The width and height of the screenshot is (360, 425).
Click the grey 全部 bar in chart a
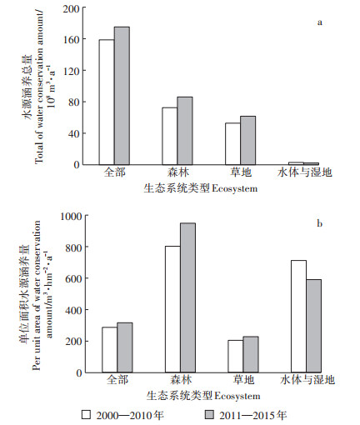[x=122, y=96]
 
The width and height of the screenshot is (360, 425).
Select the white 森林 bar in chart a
[x=170, y=136]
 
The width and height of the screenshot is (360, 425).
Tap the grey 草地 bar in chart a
[x=248, y=141]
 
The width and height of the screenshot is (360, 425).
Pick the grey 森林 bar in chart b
[x=187, y=297]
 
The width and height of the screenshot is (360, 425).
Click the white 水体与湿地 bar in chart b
[x=299, y=317]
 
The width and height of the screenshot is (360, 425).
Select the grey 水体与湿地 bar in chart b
[x=314, y=326]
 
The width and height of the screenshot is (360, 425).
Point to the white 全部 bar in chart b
[x=110, y=350]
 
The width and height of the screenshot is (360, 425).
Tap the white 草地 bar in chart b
[x=236, y=357]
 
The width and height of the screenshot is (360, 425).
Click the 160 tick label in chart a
[x=71, y=40]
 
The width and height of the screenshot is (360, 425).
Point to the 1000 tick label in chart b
[x=72, y=216]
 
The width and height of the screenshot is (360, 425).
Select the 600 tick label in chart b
[x=73, y=278]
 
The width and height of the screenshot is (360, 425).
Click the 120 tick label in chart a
[x=71, y=71]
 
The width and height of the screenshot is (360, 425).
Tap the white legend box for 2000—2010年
[x=86, y=415]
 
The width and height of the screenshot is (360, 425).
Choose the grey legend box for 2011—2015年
[x=209, y=415]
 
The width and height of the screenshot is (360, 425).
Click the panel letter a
[x=320, y=22]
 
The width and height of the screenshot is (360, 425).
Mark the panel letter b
[x=320, y=223]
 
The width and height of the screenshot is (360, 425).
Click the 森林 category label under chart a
[x=178, y=172]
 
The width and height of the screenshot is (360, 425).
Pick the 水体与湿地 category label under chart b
[x=307, y=380]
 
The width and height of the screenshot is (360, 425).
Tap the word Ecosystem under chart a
[x=235, y=189]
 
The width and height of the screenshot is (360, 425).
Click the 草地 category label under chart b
[x=243, y=380]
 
